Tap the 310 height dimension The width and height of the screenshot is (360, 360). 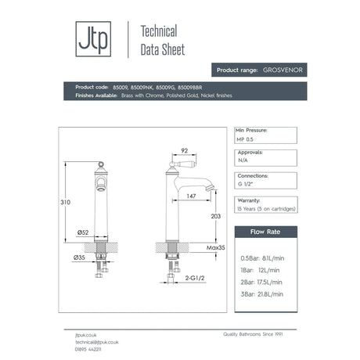tap(66, 203)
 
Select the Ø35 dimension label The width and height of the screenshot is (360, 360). tap(79, 257)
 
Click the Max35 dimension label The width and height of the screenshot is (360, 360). tap(217, 247)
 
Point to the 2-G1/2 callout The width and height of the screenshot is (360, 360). tap(195, 277)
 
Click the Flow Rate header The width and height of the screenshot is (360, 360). tap(266, 232)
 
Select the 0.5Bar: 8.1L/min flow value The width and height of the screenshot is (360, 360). tap(264, 257)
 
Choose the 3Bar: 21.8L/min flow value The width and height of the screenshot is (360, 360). tap(263, 293)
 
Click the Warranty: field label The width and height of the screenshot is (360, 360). tap(249, 200)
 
